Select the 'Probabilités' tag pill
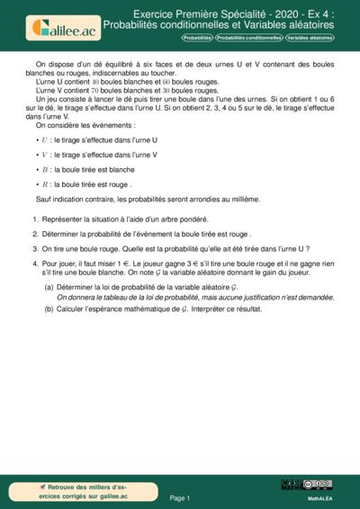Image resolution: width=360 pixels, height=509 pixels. point(196,39)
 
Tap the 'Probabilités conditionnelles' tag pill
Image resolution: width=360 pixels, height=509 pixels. point(248,39)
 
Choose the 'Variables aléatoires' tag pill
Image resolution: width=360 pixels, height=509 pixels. point(309,39)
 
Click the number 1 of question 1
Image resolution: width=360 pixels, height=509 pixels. point(35,219)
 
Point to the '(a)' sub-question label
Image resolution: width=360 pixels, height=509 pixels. point(49,286)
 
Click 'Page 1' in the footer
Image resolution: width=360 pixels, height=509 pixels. point(180,496)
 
